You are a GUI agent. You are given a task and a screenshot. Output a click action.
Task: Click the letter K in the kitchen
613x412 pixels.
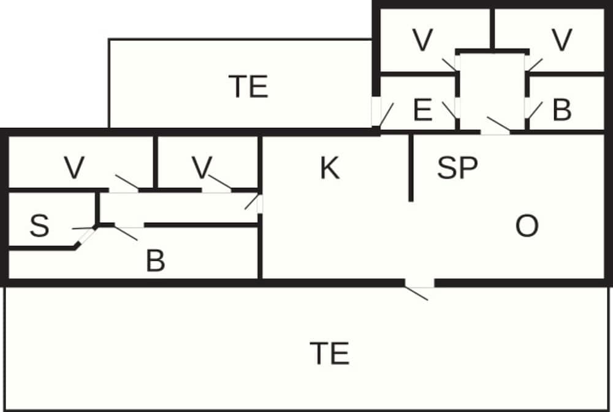click(x=330, y=168)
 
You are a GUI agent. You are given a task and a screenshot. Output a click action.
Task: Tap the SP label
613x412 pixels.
click(x=457, y=168)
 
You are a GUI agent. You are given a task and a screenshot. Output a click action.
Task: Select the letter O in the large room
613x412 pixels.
click(x=527, y=227)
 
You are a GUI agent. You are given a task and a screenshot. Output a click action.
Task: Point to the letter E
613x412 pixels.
click(x=422, y=111)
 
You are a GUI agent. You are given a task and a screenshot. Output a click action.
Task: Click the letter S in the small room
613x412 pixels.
click(x=39, y=227)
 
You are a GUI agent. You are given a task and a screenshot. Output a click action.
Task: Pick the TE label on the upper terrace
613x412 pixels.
click(x=248, y=86)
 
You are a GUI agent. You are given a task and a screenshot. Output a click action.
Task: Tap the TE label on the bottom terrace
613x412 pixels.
click(x=330, y=353)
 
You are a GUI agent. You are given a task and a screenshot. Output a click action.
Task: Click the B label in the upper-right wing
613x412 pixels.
click(x=562, y=111)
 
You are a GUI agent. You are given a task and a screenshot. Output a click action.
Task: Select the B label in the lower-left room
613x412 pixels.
click(x=156, y=262)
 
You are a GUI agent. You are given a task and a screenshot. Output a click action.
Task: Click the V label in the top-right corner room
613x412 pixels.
click(x=562, y=40)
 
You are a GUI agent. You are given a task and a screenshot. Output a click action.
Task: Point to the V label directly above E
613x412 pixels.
click(x=422, y=40)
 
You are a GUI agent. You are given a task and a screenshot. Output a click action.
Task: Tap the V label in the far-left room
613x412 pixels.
click(x=74, y=168)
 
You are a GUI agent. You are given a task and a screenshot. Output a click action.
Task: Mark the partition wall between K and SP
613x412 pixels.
click(x=411, y=168)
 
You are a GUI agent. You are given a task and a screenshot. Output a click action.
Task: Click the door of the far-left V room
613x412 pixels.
click(x=124, y=190)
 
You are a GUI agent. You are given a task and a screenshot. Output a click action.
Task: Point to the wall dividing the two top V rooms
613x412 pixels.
click(x=492, y=28)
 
